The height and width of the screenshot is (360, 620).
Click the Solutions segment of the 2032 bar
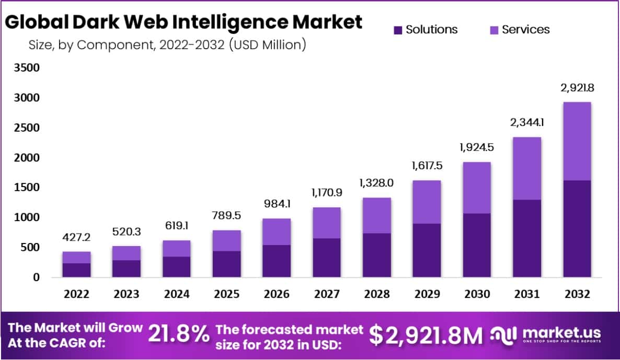pos(577,229)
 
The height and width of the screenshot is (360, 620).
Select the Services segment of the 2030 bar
pos(476,188)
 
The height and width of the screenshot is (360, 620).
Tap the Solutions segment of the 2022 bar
pos(77,270)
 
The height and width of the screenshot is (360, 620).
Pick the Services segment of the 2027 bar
pos(326,223)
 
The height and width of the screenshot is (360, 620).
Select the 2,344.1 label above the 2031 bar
pos(526,123)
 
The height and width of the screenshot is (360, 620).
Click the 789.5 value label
pos(226,216)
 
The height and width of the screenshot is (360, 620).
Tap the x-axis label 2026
pos(276,294)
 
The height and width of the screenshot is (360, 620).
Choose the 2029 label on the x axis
pos(427,294)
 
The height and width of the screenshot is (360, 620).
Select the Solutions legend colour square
pos(398,30)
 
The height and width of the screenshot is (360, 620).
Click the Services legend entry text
pos(525,30)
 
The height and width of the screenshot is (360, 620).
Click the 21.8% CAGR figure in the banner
pos(179,334)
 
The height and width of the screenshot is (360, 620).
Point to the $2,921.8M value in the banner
pos(426,335)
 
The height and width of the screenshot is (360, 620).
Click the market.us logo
pos(546,334)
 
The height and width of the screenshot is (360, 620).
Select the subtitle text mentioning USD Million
pos(167,45)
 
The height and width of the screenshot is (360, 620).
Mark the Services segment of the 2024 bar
pos(177,248)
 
